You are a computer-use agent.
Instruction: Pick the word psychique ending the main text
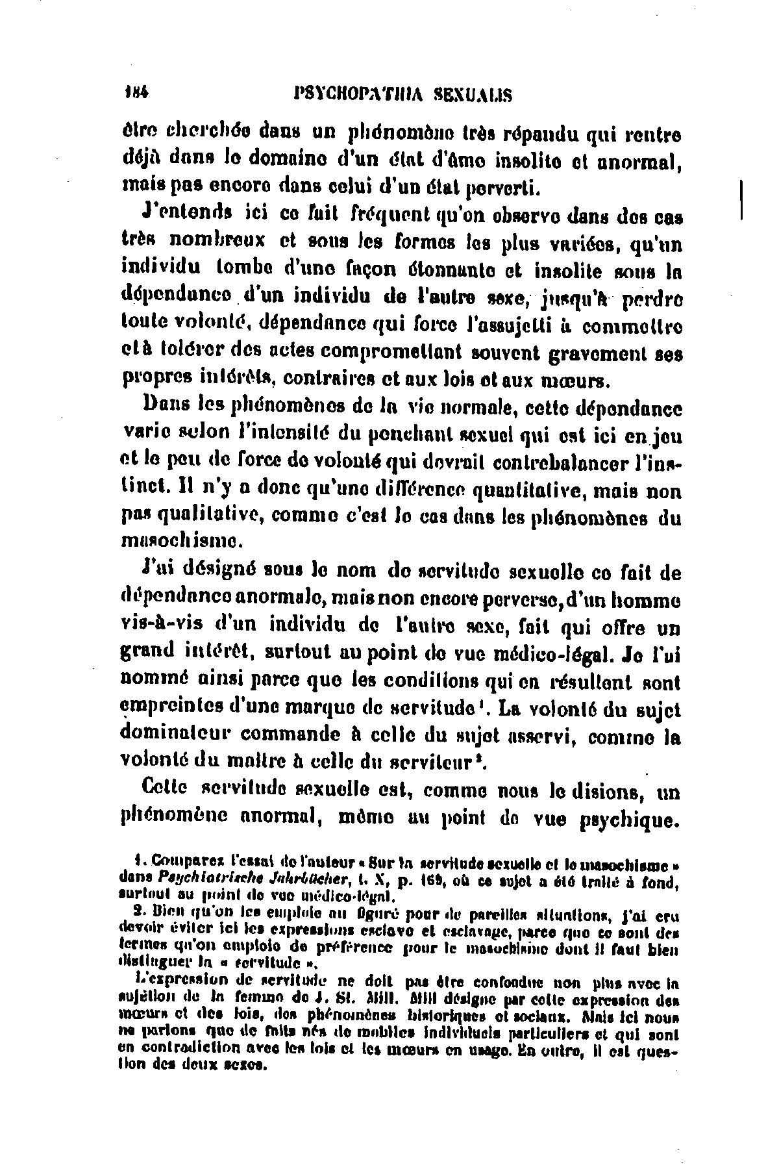(x=626, y=821)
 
